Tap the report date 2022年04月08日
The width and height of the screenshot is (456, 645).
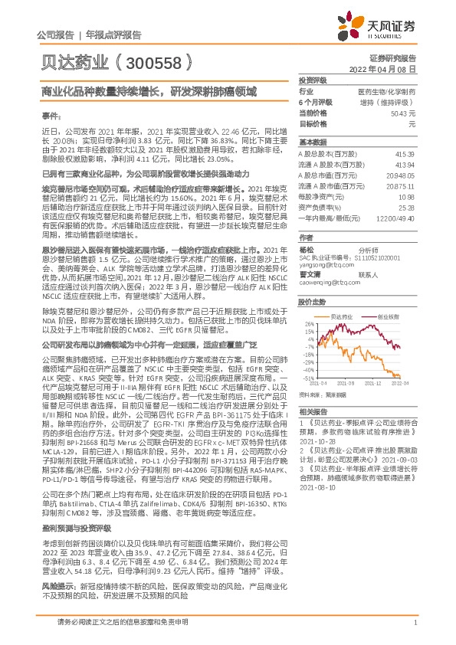387,69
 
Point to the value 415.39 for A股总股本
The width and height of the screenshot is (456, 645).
405,155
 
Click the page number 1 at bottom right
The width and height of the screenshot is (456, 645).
414,623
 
